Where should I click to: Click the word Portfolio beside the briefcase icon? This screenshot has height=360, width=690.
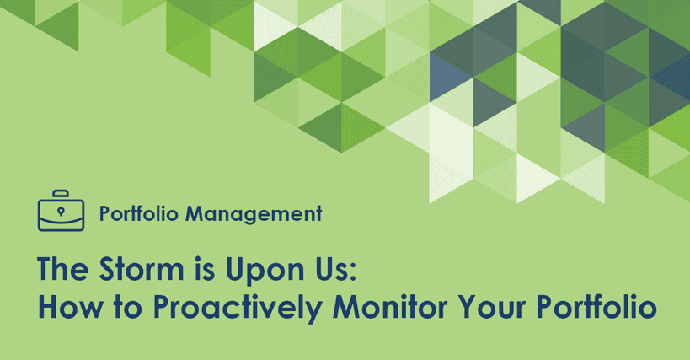click(x=139, y=214)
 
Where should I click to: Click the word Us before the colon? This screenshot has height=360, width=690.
click(x=333, y=268)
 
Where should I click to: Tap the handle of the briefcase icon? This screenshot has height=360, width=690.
click(x=61, y=195)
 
